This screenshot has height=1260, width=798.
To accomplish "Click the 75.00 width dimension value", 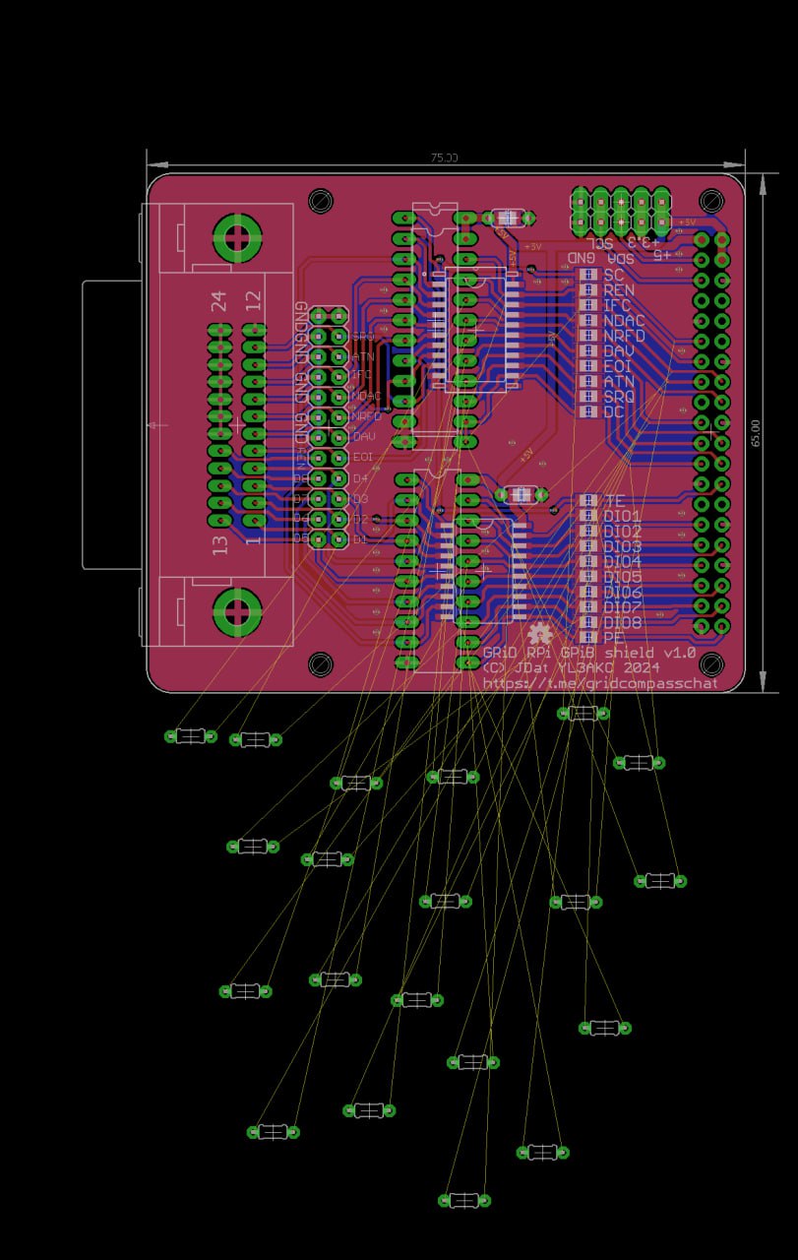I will coord(444,157).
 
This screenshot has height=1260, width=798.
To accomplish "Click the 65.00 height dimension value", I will coord(756,433).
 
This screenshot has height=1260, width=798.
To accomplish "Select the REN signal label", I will coord(619,290).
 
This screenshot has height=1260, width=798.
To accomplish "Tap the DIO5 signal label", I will coord(623,577).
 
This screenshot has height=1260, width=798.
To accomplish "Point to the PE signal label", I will coord(615,638).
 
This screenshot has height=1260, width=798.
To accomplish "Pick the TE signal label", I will coord(615,501).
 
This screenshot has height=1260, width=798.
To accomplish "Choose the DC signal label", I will coord(614,411).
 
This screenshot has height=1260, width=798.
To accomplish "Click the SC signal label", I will coord(614,275).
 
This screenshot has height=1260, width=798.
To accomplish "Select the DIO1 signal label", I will coord(623,517).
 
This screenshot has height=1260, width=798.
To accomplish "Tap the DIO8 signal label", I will coord(623,623).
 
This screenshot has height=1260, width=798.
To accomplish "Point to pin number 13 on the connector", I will coord(219,543).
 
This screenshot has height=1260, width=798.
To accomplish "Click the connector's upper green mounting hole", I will coord(237,236).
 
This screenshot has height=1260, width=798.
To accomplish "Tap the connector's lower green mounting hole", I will coord(237,612).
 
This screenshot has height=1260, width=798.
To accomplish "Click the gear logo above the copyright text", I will coord(539,634).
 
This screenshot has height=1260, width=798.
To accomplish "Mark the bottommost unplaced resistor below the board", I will coord(463,1200).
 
